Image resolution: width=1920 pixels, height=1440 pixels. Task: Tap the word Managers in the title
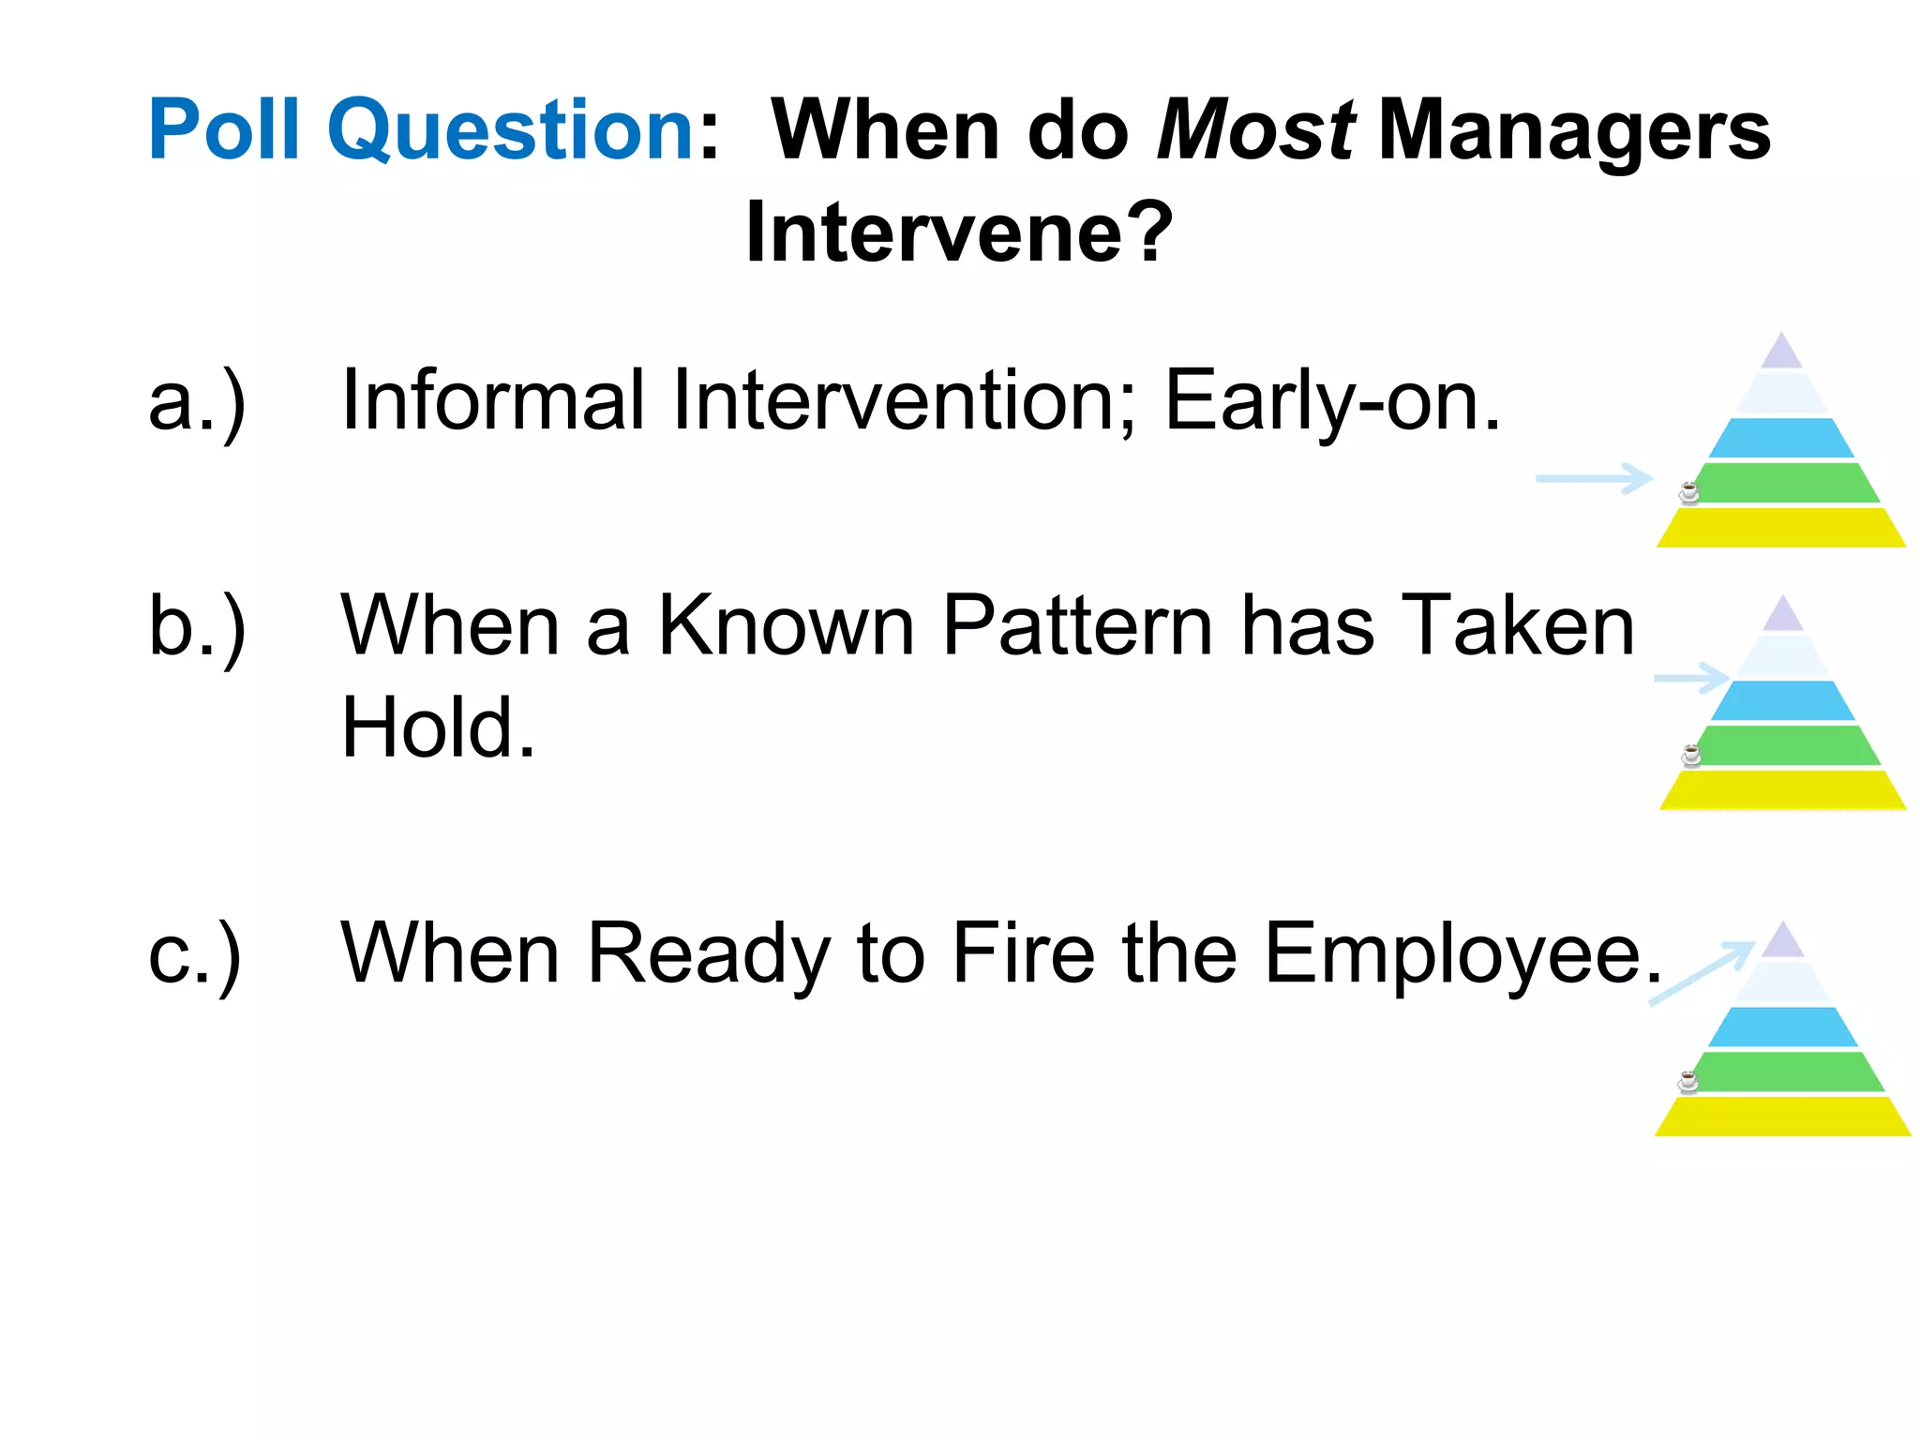pos(1574,130)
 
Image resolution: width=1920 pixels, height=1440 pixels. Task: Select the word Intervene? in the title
pos(958,232)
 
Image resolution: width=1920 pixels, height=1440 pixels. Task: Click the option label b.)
pos(197,626)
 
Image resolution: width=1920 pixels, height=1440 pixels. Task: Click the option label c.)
pos(195,954)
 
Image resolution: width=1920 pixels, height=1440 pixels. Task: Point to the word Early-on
pos(1331,401)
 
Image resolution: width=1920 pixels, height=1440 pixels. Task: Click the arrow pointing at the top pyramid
pos(1594,478)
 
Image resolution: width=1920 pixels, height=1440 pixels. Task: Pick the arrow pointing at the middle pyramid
pos(1692,677)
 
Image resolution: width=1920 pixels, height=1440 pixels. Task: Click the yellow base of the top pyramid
pos(1781,529)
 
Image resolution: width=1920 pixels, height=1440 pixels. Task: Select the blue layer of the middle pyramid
pos(1782,700)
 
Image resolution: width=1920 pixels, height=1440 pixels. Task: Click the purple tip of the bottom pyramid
pos(1783,942)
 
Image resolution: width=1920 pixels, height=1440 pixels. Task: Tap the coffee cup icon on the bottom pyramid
pos(1688,1081)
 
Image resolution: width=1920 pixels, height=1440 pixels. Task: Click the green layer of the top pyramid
pos(1786,483)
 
